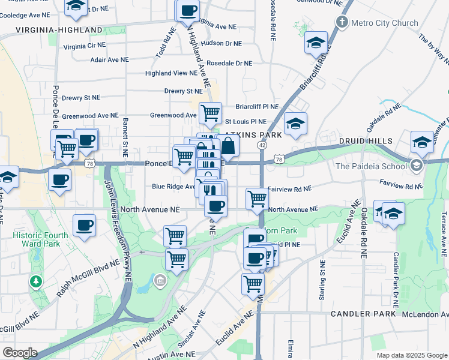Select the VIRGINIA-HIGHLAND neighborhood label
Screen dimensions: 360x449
pos(59,29)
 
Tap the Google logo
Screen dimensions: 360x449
pos(19,353)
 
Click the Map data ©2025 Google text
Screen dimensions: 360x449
pos(411,355)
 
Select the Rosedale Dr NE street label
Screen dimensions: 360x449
pos(229,63)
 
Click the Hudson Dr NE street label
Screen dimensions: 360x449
pos(221,43)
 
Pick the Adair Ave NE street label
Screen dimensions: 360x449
pos(109,59)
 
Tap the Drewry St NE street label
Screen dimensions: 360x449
pos(80,97)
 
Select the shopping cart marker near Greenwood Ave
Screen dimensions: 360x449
pos(210,112)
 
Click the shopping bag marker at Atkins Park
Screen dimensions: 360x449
pos(228,145)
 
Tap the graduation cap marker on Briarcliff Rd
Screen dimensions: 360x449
pos(316,43)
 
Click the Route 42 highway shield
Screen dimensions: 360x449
pos(262,145)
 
